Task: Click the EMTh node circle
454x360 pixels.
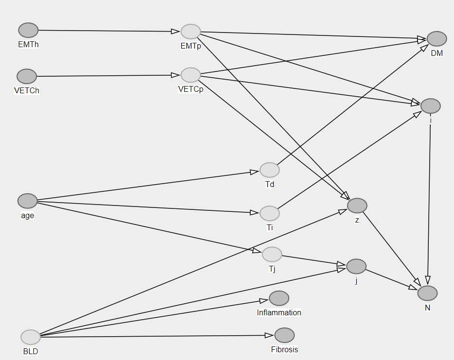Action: (x=28, y=30)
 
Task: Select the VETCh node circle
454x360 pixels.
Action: (x=27, y=76)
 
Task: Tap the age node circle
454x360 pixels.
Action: (x=27, y=201)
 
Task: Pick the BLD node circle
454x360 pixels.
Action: (x=31, y=337)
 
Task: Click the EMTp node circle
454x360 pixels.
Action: (x=191, y=32)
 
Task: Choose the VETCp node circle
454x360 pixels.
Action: (x=191, y=75)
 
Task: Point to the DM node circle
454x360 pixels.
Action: (x=437, y=39)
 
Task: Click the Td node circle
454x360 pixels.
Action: (x=269, y=170)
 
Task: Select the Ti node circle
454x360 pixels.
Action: (x=269, y=213)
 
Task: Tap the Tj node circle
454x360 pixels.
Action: (x=272, y=254)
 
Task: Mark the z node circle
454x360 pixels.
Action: (x=357, y=206)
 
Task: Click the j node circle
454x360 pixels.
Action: (x=356, y=266)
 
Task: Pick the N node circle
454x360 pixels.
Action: (x=427, y=293)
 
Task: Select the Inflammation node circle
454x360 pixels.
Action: (x=279, y=298)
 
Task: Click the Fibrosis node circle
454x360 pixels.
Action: (x=284, y=335)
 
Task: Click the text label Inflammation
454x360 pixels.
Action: (x=279, y=313)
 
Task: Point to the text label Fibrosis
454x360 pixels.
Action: (x=284, y=349)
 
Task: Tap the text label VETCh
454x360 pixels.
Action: (x=27, y=90)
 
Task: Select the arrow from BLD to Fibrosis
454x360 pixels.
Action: (x=156, y=336)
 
